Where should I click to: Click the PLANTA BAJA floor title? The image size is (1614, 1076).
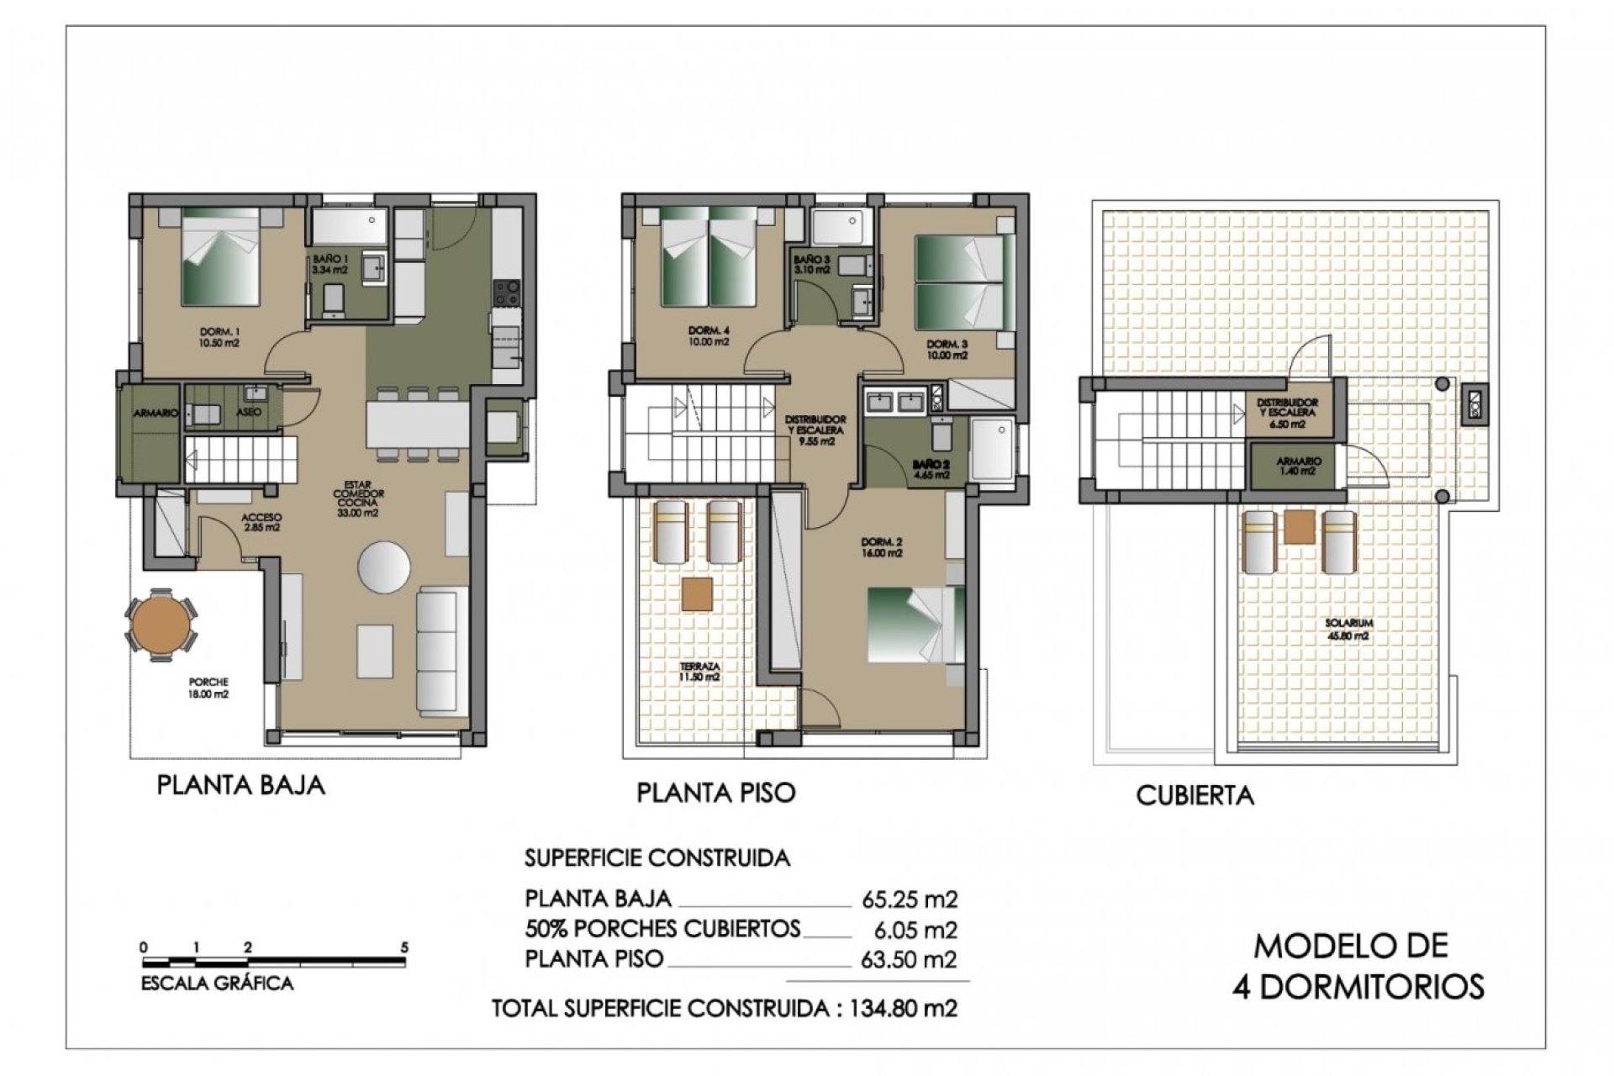(240, 785)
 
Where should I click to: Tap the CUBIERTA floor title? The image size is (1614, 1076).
(1195, 795)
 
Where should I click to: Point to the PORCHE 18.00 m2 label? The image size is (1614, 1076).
(209, 688)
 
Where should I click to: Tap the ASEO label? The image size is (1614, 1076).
(249, 412)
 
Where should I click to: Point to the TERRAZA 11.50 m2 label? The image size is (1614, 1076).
(699, 671)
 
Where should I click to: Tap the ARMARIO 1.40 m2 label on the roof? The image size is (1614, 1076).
(1299, 467)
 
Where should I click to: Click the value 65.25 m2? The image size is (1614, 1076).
(910, 899)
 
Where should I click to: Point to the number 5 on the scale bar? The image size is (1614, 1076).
(404, 947)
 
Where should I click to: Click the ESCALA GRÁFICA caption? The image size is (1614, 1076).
(217, 983)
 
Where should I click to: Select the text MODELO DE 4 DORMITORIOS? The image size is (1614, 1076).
(1357, 966)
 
